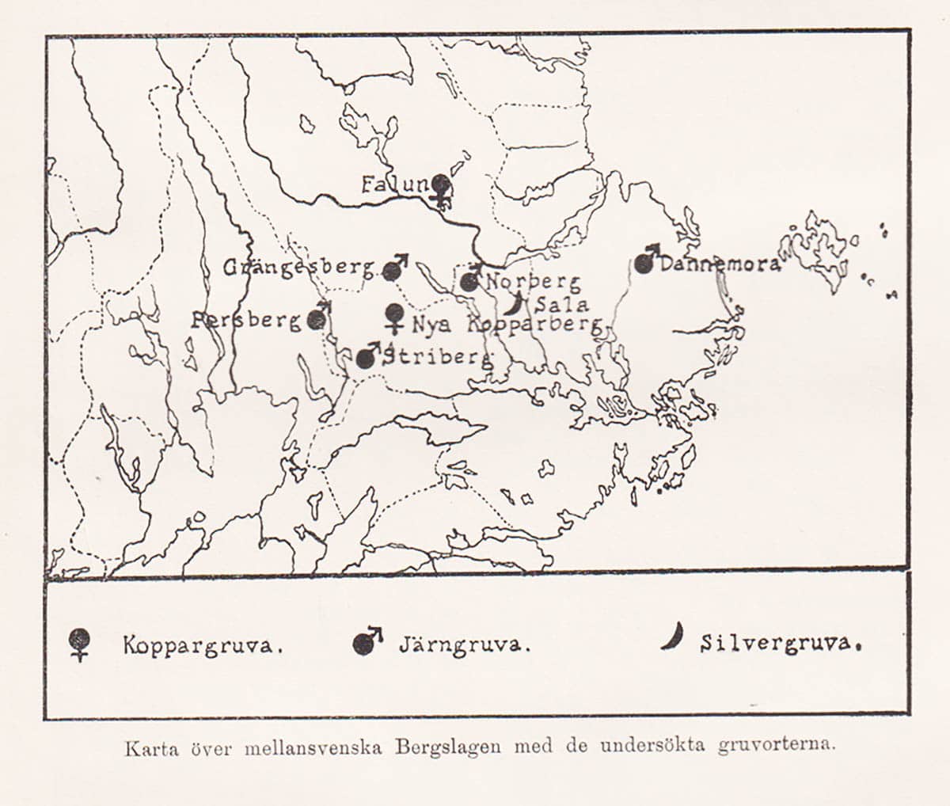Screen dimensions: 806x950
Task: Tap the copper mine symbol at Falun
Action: pos(441,188)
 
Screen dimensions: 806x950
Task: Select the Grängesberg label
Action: pos(298,267)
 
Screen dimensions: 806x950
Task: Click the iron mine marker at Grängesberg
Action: pos(393,270)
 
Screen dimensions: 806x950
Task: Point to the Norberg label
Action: pos(533,282)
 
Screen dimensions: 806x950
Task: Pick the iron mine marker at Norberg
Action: pos(470,281)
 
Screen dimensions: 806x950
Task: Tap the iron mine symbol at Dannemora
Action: pos(645,263)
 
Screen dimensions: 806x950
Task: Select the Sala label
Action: pos(561,304)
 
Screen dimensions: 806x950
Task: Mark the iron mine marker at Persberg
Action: pos(317,318)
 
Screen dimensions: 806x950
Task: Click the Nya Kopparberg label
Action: pos(507,324)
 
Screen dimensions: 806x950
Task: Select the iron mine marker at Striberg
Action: pos(366,357)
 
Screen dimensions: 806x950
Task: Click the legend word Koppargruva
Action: pos(203,645)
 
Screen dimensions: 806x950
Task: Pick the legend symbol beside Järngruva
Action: pos(365,642)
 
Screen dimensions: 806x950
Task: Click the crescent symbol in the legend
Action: pos(674,637)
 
